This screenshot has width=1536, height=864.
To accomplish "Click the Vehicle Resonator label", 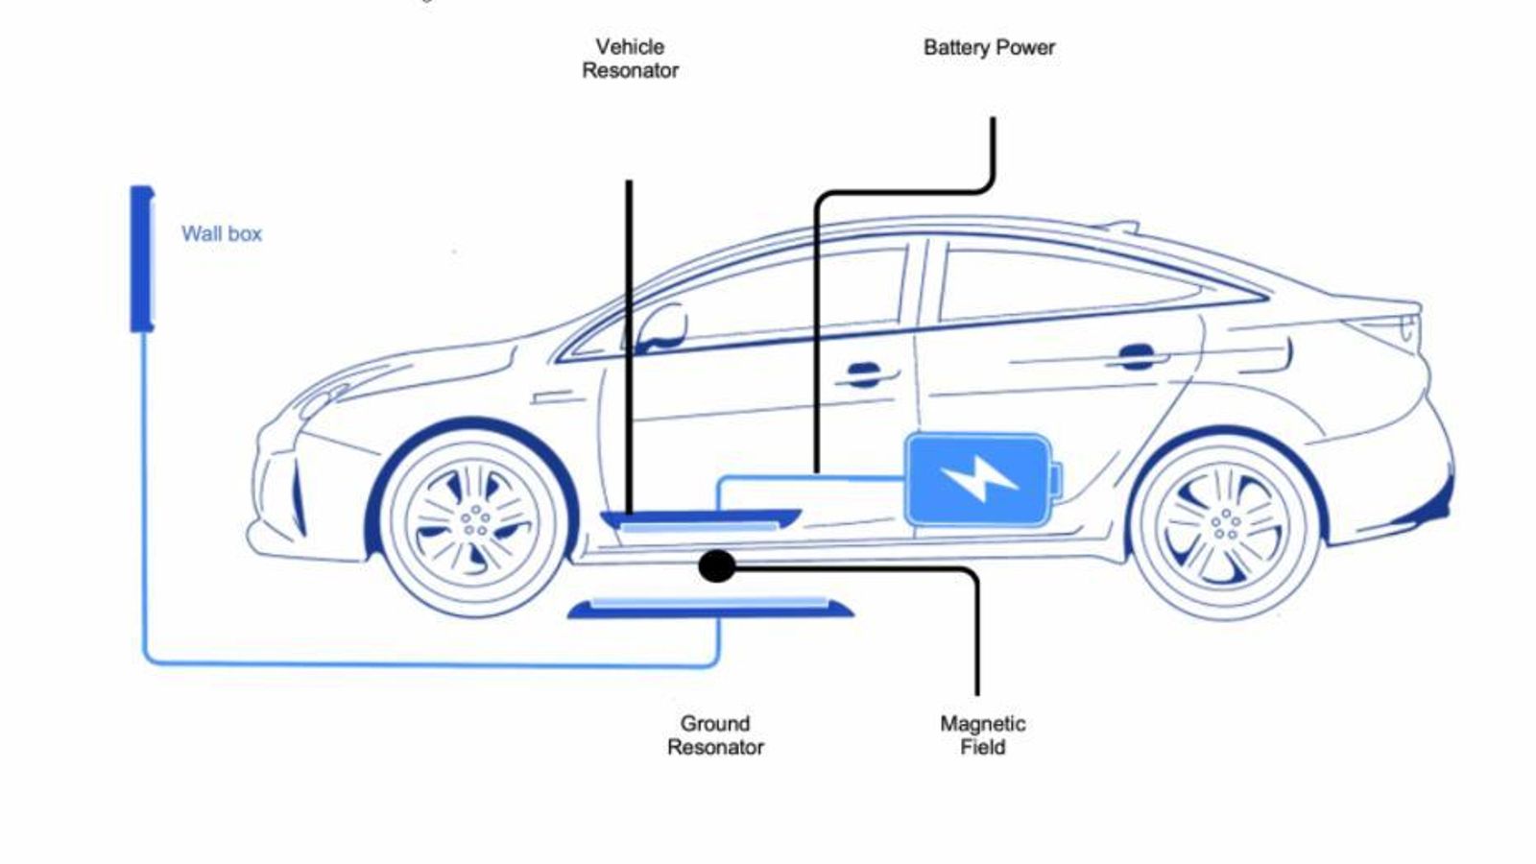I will tap(630, 59).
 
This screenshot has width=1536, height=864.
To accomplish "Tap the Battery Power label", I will tap(989, 47).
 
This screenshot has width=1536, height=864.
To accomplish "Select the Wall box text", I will tap(222, 233).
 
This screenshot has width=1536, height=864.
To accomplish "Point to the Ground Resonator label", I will tap(715, 735).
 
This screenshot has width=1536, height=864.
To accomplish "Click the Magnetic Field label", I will tap(982, 735).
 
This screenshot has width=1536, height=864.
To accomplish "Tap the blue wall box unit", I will tap(142, 259).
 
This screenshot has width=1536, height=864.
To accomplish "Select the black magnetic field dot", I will tap(716, 566).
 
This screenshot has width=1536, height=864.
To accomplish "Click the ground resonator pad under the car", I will tap(710, 608).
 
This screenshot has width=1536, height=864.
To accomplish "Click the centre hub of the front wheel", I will tap(474, 521).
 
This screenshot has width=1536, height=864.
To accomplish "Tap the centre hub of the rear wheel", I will tap(1224, 524).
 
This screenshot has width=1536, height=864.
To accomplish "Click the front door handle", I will tap(864, 374).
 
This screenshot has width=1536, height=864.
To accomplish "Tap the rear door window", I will tap(1066, 283).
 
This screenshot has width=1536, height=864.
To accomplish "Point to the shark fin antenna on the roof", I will tap(1118, 228).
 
